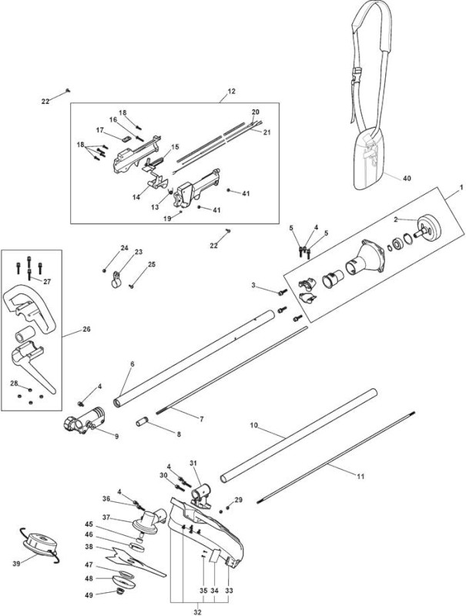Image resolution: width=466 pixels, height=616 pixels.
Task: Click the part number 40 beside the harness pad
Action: coord(407,179)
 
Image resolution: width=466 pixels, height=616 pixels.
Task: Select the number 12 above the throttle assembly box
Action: coord(231,92)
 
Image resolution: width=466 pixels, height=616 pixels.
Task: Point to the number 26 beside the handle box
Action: coord(86,330)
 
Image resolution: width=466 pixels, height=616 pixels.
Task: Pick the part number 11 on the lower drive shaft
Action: coord(360,477)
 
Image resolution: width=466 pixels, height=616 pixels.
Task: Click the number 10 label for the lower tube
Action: coord(254,426)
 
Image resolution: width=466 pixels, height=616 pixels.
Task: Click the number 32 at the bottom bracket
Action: coord(198,612)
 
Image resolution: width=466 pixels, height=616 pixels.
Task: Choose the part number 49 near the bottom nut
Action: coord(89,595)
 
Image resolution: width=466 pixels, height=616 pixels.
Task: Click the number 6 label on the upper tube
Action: coord(132,364)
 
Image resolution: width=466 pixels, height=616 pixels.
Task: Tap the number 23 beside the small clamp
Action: coord(139,252)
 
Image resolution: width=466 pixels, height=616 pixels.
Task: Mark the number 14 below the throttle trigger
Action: coord(136,197)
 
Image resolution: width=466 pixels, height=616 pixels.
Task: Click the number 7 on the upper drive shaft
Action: coord(202,420)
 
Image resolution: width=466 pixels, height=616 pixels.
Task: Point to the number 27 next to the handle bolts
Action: coord(47,282)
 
